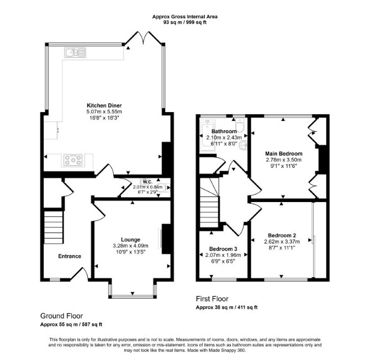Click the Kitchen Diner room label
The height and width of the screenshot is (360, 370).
(x=104, y=105)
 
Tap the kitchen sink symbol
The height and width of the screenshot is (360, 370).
(x=75, y=52)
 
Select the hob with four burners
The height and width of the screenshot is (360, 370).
(x=73, y=160)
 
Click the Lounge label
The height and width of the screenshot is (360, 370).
(x=130, y=240)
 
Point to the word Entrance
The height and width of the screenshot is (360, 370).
(x=70, y=256)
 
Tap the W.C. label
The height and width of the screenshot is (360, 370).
(x=147, y=182)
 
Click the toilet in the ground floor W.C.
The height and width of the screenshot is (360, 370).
(x=163, y=188)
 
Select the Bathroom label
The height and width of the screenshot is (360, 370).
(x=224, y=131)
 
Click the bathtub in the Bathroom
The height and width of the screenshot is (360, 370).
(x=207, y=136)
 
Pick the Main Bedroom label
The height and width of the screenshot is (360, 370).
(x=284, y=154)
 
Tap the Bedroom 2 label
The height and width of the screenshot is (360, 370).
(x=282, y=235)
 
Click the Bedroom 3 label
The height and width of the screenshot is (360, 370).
(x=223, y=249)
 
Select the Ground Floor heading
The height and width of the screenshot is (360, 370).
(x=62, y=316)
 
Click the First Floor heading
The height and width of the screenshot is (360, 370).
(x=212, y=299)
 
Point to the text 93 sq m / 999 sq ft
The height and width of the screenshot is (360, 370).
(x=185, y=23)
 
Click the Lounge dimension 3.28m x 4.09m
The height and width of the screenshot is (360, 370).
(x=130, y=246)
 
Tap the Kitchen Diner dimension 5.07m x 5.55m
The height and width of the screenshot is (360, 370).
(x=104, y=112)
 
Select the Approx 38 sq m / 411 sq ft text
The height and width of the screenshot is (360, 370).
(x=226, y=308)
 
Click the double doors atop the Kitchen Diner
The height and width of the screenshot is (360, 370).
(x=144, y=38)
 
